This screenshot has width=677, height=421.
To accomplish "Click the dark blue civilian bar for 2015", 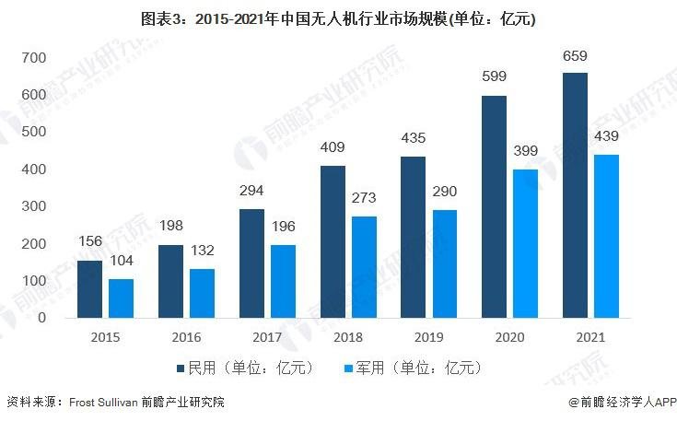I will click(x=89, y=288).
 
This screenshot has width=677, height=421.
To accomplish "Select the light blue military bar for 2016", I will click(x=202, y=293).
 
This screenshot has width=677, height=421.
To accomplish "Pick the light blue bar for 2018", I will click(x=364, y=267).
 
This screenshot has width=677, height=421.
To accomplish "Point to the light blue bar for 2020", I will click(x=525, y=243).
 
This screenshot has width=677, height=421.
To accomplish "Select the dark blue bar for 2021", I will click(x=576, y=194).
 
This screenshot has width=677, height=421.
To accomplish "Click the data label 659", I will click(x=576, y=58).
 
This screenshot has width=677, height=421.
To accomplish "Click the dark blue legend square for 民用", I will click(x=181, y=368).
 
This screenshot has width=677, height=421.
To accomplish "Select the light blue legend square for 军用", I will click(x=347, y=368).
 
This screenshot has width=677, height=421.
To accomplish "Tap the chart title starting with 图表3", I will click(x=338, y=18).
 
